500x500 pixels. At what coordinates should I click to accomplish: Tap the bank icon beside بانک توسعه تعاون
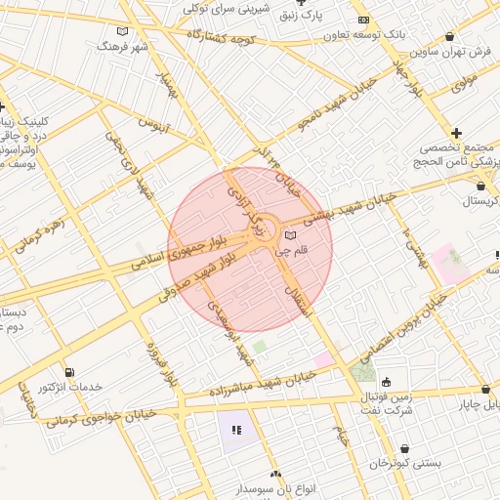[363, 20]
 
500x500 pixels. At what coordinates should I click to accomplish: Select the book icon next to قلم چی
[289, 235]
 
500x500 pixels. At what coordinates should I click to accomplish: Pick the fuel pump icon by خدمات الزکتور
[67, 371]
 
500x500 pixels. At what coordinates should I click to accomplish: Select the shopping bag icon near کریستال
[479, 185]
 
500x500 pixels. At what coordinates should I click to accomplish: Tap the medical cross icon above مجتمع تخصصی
[456, 132]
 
